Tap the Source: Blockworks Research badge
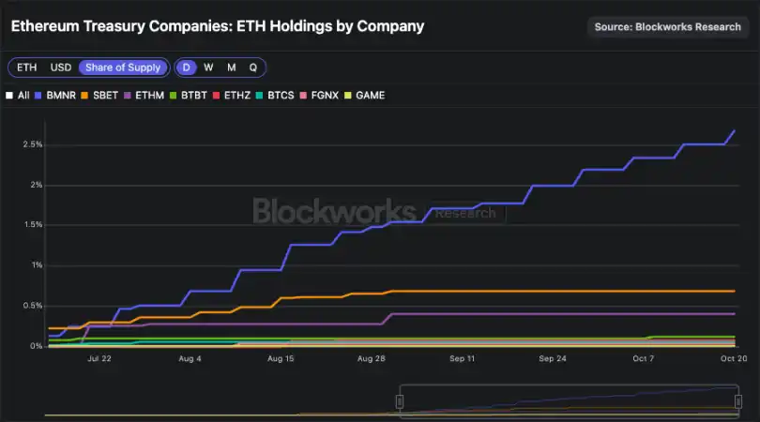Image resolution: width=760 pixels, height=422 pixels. (x=667, y=26)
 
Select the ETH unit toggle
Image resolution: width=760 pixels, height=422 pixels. (x=26, y=68)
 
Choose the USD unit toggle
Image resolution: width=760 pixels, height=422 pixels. (x=61, y=68)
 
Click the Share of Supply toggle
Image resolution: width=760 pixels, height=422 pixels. (x=124, y=68)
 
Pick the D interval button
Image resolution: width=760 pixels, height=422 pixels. (x=187, y=68)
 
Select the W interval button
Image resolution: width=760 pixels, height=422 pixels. (x=208, y=68)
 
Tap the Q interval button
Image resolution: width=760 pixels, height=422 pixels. (x=252, y=68)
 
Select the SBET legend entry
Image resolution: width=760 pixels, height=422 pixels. (x=99, y=96)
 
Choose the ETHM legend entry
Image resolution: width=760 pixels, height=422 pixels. (x=144, y=96)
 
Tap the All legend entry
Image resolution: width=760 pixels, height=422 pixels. (x=18, y=96)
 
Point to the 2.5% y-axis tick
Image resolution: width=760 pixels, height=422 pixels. (x=31, y=144)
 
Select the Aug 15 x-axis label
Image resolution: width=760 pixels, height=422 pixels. (x=281, y=358)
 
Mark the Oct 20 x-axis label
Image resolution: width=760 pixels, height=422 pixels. (x=734, y=358)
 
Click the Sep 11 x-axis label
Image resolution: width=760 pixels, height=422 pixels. (x=462, y=358)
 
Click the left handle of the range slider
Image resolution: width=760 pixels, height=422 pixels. (x=399, y=400)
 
